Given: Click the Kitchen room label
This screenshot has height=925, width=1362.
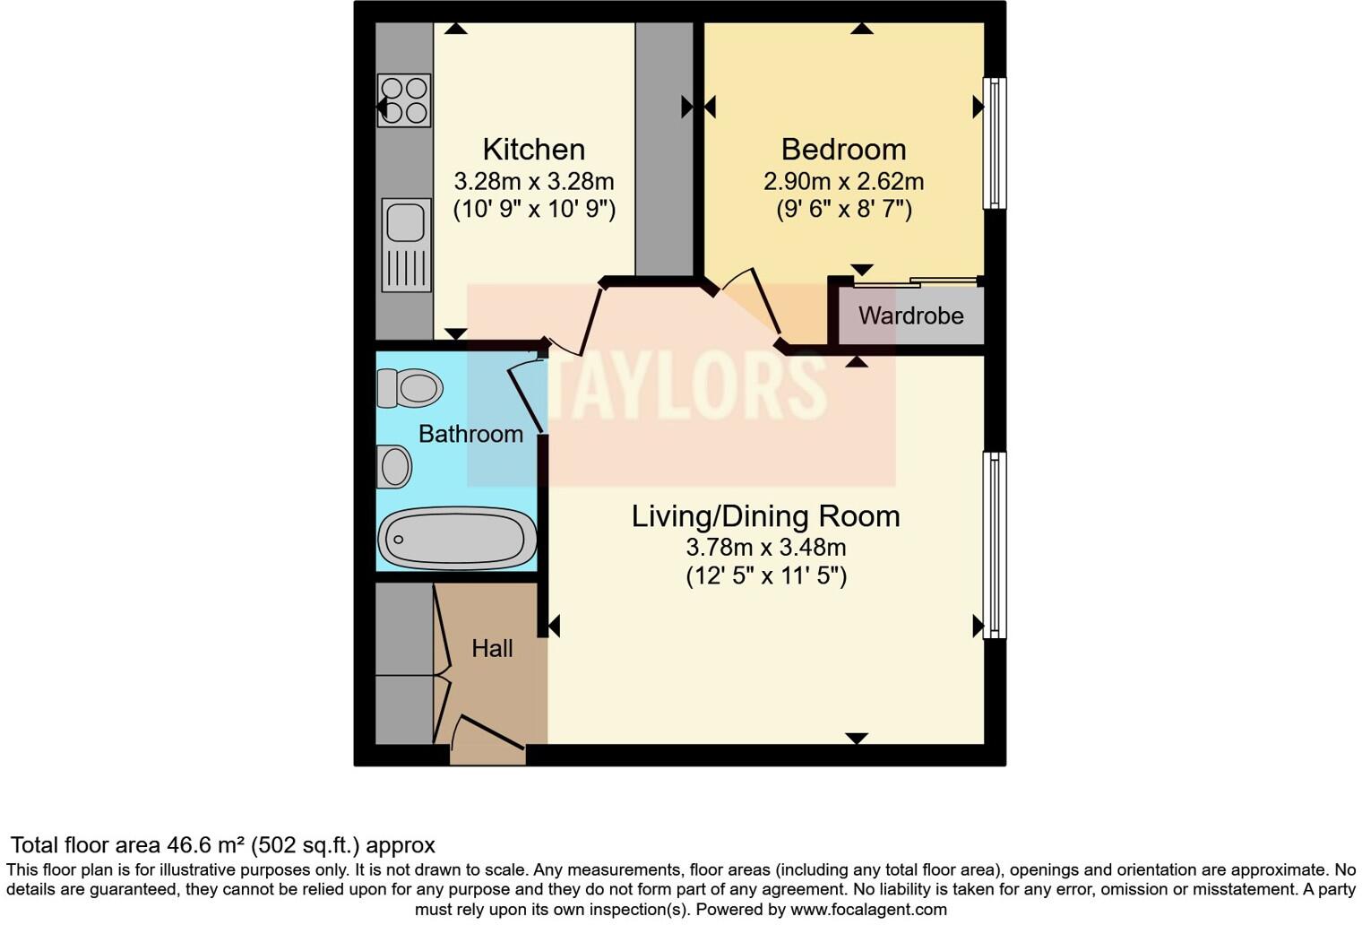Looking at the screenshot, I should click(533, 149).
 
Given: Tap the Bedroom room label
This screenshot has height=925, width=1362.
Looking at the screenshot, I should click(843, 149).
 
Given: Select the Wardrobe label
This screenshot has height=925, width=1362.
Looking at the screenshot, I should click(910, 316).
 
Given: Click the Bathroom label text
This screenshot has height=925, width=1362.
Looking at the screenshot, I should click(470, 434).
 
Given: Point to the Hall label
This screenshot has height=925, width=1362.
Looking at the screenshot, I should click(492, 648).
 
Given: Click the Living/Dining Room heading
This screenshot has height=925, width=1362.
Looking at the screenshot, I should click(765, 516).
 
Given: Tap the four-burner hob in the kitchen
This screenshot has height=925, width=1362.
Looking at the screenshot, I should click(404, 100).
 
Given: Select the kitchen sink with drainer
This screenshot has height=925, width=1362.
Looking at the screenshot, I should click(406, 245).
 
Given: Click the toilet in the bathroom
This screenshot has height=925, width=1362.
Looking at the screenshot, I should click(410, 389).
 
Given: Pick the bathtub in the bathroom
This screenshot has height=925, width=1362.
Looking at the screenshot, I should click(457, 539).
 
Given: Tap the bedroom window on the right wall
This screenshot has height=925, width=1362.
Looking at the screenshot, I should click(994, 143).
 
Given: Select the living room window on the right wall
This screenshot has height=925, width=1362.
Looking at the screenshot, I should click(994, 544).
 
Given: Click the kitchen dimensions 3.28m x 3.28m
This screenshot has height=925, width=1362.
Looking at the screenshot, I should click(534, 182).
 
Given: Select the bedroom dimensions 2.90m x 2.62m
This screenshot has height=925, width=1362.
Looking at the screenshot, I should click(843, 182).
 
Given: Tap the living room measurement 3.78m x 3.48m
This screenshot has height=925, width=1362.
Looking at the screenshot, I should click(765, 548).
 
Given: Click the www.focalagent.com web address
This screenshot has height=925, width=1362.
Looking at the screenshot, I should click(868, 909).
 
